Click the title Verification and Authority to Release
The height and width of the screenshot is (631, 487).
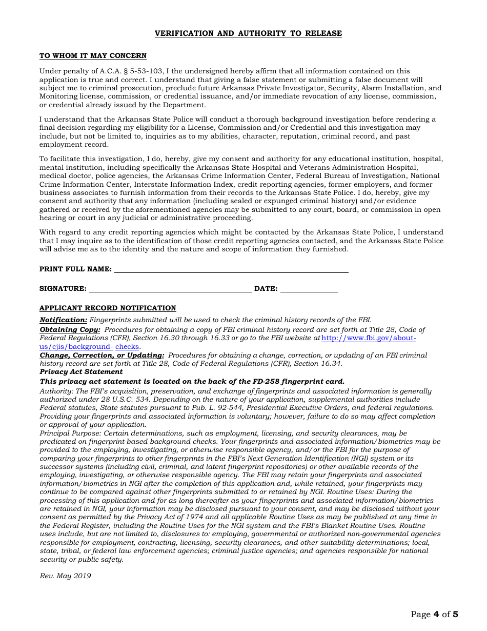[248, 33]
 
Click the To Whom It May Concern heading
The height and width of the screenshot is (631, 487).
[93, 56]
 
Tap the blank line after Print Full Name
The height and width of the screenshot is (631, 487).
[231, 269]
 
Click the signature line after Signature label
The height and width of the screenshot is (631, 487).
[170, 289]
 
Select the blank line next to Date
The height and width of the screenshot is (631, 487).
[309, 289]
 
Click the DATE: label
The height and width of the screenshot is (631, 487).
[266, 289]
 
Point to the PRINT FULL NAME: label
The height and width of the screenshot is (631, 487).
[75, 269]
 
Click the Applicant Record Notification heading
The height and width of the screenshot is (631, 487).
[108, 308]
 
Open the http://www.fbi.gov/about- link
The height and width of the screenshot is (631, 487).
[369, 339]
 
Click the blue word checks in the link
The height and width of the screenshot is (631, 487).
[127, 347]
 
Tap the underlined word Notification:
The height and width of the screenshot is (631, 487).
[64, 320]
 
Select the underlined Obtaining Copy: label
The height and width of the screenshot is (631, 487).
[70, 330]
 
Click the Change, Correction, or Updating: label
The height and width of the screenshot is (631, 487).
[102, 356]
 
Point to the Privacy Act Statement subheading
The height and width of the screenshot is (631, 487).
[81, 372]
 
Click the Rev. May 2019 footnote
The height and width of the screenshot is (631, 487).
[65, 576]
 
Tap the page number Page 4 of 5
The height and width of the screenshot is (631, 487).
[434, 614]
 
